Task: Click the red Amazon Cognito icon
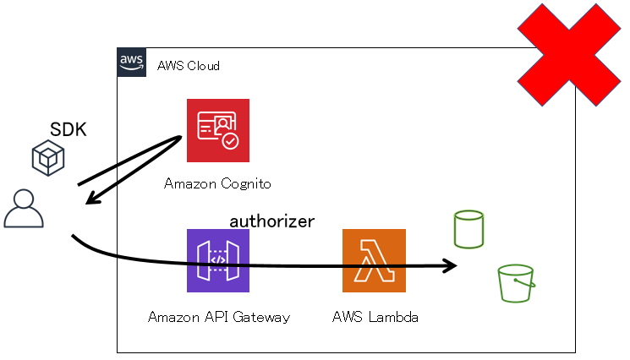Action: click(x=218, y=130)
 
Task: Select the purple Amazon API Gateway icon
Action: click(x=218, y=260)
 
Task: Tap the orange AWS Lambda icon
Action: click(x=374, y=260)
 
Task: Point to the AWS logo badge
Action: click(x=131, y=63)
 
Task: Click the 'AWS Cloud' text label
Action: click(x=189, y=65)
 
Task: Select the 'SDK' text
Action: click(x=68, y=130)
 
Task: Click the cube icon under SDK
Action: click(x=47, y=159)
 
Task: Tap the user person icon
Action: click(x=24, y=209)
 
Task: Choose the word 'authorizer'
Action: click(x=272, y=221)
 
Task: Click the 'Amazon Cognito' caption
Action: click(x=217, y=183)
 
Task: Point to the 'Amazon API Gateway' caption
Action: click(x=219, y=318)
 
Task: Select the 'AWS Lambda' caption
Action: click(x=375, y=318)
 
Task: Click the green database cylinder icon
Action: click(x=468, y=229)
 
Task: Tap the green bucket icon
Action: click(x=516, y=283)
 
